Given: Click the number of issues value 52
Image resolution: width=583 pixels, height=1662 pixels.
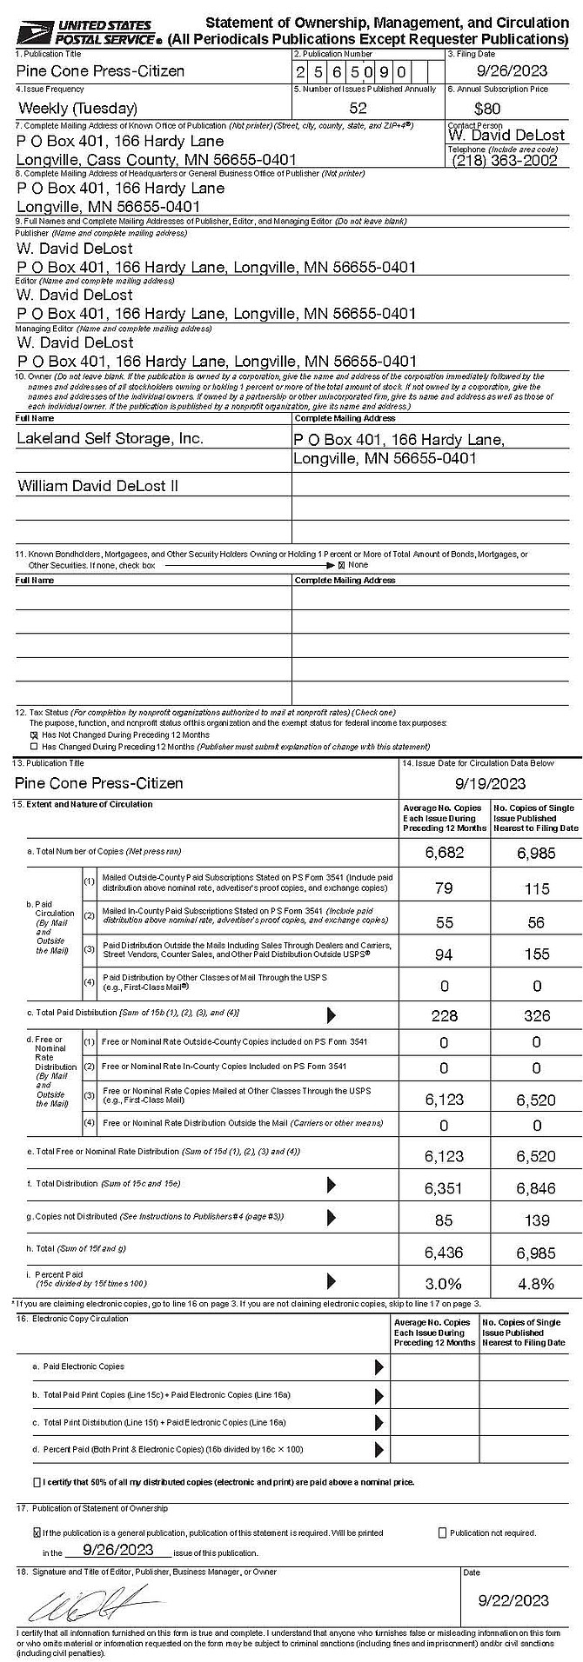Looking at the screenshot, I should [x=358, y=109].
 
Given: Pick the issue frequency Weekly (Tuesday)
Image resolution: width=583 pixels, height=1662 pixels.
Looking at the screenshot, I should [x=77, y=109].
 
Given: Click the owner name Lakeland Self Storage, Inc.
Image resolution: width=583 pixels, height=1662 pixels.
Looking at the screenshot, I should [x=110, y=438].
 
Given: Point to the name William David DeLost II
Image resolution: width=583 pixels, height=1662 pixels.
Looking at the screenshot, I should [x=97, y=486].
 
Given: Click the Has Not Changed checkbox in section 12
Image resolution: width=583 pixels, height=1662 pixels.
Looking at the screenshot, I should [x=35, y=735].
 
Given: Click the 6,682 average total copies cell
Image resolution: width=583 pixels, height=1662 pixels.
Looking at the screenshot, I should [x=444, y=853].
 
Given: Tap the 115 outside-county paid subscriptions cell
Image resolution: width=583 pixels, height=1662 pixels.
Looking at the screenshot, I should [x=536, y=888].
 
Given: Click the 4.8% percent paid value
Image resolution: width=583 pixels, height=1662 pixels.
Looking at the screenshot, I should [x=536, y=1283].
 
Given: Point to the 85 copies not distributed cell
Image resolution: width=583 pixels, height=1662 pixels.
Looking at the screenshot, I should [x=444, y=1220].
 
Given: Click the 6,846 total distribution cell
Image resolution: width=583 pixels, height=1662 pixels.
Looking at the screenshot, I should [x=536, y=1188].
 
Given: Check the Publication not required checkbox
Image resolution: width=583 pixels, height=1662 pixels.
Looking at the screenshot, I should [x=443, y=1532].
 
